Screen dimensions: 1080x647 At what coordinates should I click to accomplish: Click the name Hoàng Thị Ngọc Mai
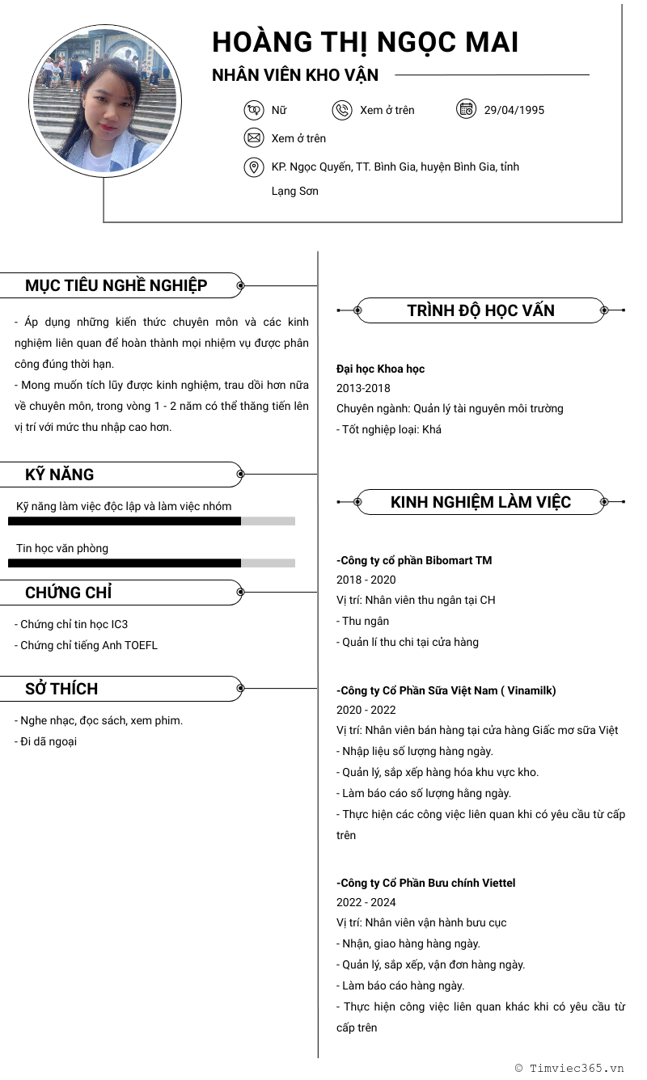click(365, 42)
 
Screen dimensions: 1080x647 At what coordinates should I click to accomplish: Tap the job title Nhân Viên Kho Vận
click(295, 75)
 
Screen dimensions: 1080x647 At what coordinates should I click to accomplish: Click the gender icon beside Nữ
click(254, 110)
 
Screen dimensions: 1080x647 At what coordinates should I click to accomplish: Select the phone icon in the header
click(342, 110)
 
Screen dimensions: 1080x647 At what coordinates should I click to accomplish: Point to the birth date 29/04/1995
click(514, 110)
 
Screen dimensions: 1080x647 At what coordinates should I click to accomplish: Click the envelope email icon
click(254, 138)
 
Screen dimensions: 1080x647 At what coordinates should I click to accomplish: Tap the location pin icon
click(254, 167)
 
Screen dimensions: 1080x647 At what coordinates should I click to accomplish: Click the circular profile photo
click(105, 100)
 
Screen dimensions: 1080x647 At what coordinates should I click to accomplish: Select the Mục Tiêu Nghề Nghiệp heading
click(116, 285)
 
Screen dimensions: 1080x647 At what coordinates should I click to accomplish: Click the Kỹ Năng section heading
click(60, 475)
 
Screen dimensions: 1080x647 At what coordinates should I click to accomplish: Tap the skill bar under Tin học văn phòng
click(151, 563)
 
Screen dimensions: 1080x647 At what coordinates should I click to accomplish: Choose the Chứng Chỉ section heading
click(69, 593)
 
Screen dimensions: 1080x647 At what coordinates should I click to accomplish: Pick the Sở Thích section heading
click(61, 689)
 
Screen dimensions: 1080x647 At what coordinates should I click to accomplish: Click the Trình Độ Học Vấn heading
click(480, 310)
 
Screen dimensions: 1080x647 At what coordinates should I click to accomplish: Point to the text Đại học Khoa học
click(380, 369)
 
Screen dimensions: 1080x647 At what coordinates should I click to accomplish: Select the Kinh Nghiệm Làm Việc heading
click(480, 502)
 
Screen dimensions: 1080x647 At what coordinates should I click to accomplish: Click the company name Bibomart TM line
click(414, 560)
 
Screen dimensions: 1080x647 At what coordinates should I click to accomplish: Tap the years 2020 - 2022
click(366, 710)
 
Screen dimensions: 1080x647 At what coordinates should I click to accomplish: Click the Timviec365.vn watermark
click(569, 1068)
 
